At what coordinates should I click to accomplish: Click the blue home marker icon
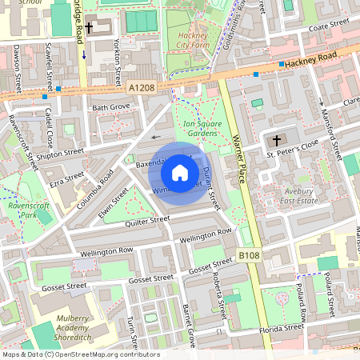point(179,172)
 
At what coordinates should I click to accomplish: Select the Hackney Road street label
point(320,55)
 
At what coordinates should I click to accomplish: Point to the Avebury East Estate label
point(303,197)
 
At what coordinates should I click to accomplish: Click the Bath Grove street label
point(111,106)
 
